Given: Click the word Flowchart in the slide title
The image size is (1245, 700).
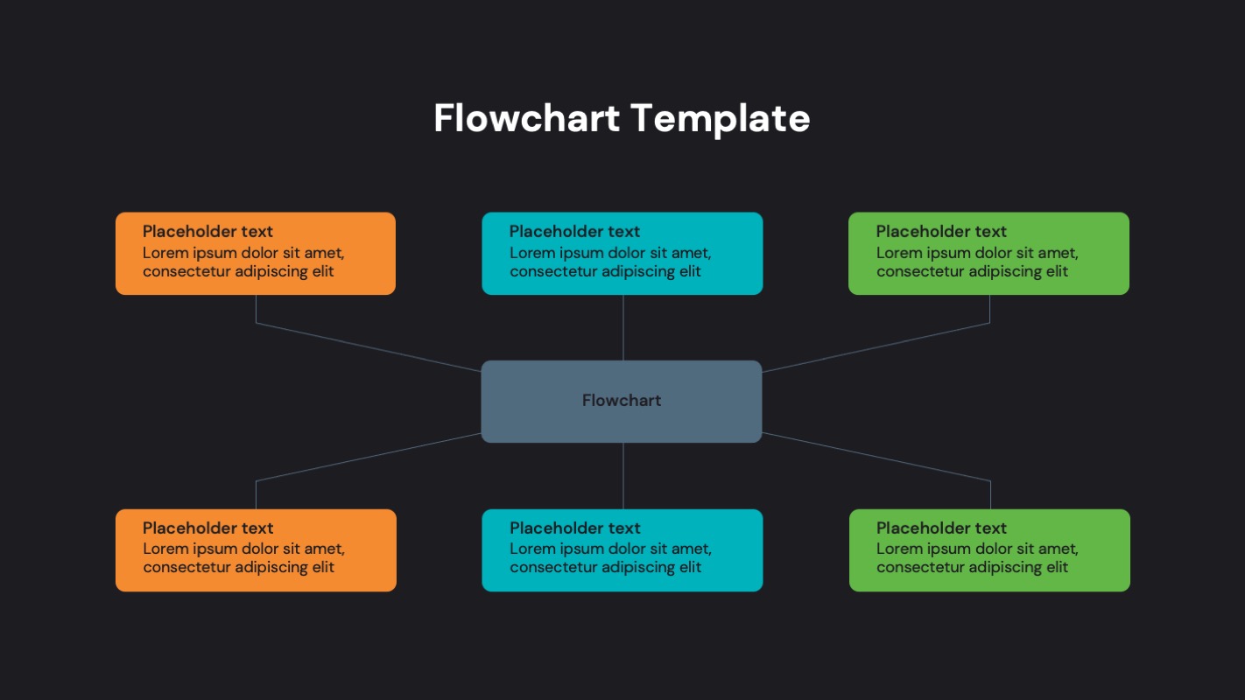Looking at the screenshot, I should pos(526,118).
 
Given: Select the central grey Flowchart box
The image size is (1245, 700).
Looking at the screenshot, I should pos(622,401).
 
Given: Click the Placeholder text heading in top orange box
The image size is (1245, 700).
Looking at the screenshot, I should pos(207,231).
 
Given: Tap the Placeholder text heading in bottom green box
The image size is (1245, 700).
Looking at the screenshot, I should pos(941,528).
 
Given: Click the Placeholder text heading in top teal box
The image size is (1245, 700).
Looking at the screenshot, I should pos(574,231).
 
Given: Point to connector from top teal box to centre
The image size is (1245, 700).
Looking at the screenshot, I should pos(622,327).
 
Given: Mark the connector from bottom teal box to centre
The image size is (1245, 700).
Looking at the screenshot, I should pos(622,475).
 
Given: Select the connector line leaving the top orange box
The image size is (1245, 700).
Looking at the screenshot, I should pos(368,347).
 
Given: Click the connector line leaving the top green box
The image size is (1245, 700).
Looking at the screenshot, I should pos(876,347).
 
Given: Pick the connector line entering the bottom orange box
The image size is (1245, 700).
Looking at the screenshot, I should pos(368,457).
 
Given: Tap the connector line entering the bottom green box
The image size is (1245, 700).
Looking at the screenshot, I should pos(876,457).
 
